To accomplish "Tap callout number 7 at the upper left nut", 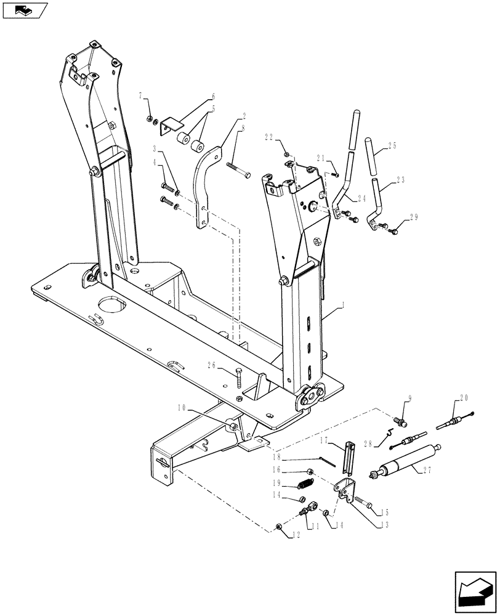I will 140,97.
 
